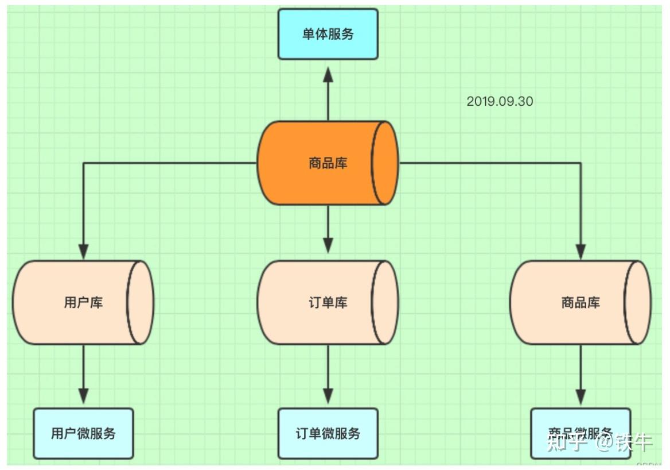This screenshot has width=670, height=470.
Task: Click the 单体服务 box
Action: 328,34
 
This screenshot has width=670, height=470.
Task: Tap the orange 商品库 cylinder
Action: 328,163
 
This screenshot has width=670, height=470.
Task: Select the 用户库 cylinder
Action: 83,303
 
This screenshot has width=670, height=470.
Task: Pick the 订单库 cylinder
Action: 328,303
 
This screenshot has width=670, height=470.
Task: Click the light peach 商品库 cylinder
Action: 581,303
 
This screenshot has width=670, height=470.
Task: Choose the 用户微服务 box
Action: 83,433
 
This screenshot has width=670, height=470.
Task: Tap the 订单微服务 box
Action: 328,433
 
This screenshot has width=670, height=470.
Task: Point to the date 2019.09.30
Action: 500,102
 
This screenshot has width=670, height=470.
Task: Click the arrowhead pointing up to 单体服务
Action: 328,75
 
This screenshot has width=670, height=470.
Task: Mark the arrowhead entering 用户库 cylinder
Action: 84,251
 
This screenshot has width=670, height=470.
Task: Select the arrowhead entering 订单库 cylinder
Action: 328,245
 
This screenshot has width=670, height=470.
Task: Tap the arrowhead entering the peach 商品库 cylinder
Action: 581,251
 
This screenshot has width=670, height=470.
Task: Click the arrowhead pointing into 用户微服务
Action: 84,395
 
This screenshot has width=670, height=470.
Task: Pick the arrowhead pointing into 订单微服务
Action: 328,395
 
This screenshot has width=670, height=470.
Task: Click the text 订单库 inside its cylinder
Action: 328,303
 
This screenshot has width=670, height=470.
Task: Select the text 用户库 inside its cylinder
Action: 83,303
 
